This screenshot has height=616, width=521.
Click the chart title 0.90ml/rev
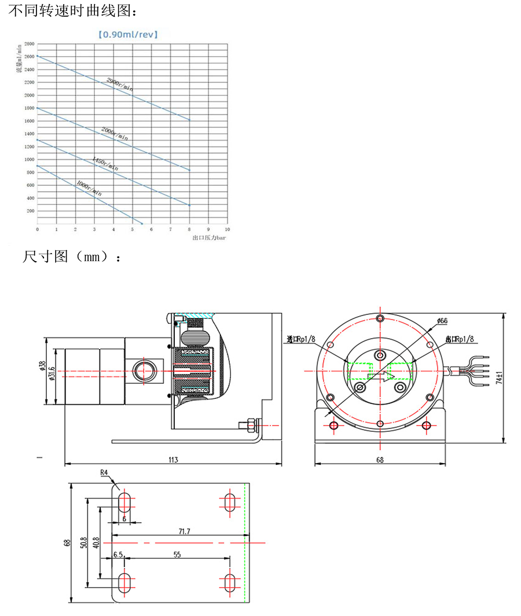(128, 35)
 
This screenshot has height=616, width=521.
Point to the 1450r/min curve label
(105, 162)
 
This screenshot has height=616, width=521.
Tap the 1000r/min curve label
(89, 188)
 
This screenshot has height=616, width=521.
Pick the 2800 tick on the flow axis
(30, 43)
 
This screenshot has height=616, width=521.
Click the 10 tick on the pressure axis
(227, 230)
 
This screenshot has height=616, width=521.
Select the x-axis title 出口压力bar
(210, 237)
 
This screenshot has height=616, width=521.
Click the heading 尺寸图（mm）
(72, 256)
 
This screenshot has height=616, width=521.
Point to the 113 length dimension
(173, 460)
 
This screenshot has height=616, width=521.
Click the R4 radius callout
(104, 473)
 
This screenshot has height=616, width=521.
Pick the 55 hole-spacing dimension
(177, 554)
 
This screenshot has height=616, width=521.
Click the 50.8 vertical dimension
(83, 543)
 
